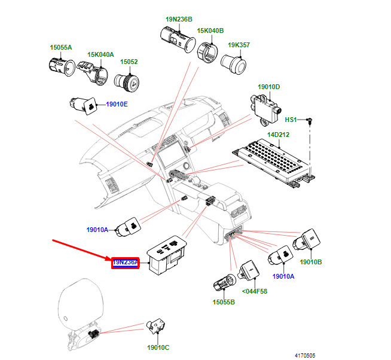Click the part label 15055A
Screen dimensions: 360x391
[60, 47]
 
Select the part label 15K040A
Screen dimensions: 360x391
[101, 54]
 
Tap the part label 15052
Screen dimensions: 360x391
[129, 62]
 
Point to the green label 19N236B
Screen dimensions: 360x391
[179, 19]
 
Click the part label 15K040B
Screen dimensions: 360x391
[211, 30]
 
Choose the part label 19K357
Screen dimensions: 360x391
[239, 45]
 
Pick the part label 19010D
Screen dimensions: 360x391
[268, 87]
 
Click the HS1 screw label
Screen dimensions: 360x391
[291, 120]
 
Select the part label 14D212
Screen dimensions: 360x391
[277, 135]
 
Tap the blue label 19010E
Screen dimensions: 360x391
[117, 104]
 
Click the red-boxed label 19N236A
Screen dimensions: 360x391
[125, 263]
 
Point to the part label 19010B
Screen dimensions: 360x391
[311, 262]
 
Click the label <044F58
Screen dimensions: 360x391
[254, 291]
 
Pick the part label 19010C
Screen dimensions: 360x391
[158, 347]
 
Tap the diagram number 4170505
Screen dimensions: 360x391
[306, 354]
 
